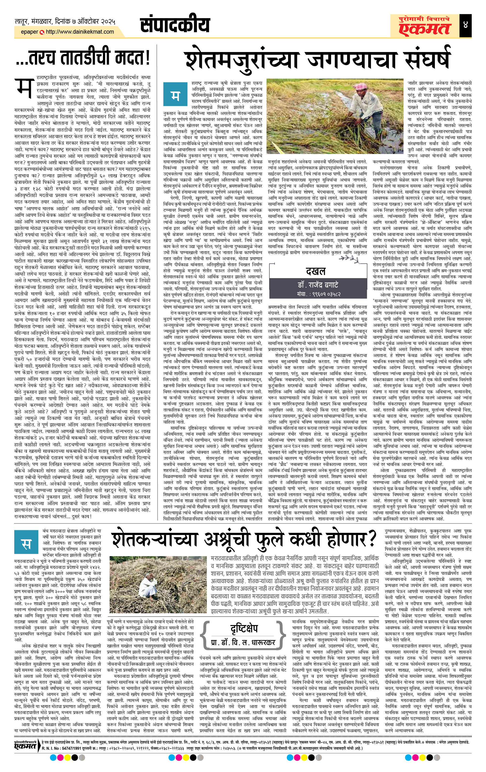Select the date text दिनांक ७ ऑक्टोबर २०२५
85,22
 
